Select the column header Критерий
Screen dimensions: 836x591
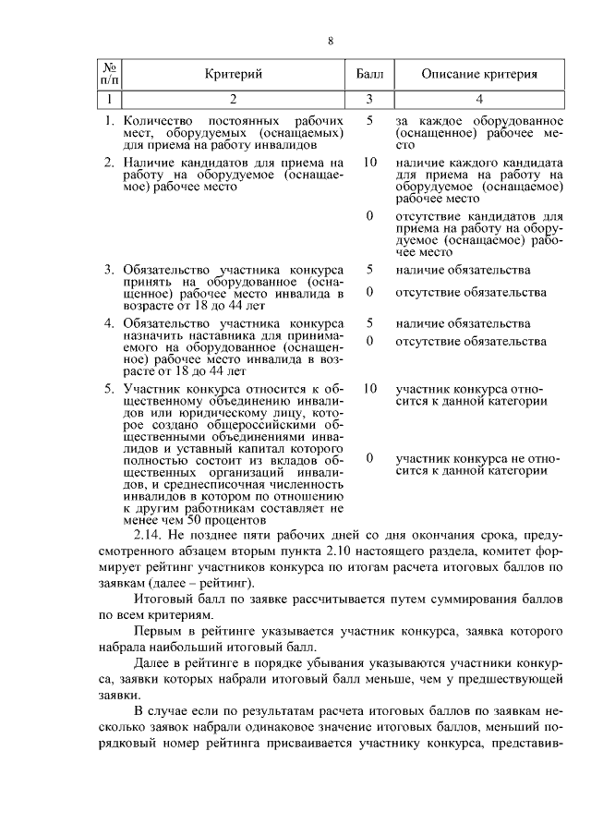(x=233, y=74)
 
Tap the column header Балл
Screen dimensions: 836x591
(x=369, y=74)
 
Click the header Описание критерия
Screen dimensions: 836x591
(x=479, y=74)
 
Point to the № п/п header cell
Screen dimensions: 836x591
(x=109, y=74)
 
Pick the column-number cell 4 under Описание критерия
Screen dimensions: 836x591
(x=479, y=99)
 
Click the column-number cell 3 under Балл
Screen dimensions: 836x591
(x=369, y=99)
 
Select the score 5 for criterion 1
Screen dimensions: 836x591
(x=369, y=121)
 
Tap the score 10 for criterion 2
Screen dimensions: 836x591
(x=369, y=162)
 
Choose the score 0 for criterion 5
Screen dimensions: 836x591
(x=369, y=457)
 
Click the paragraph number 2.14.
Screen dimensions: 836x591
(x=149, y=535)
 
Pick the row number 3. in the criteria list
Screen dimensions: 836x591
(x=109, y=270)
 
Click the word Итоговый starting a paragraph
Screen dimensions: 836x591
(x=163, y=599)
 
